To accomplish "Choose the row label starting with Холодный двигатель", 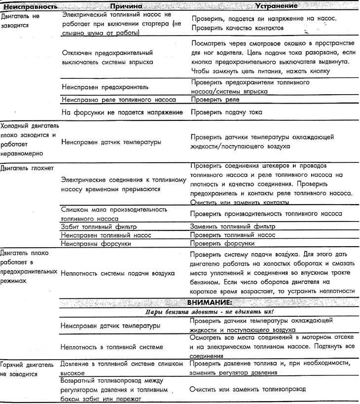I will coord(29,135).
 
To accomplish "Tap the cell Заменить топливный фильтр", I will coord(232,226).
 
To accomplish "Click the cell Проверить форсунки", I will coord(222,244).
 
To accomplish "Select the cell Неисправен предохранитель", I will coord(105,87).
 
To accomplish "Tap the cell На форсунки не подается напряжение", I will coord(123,112).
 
